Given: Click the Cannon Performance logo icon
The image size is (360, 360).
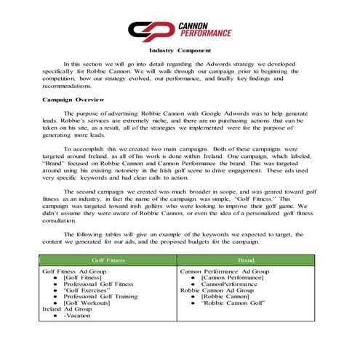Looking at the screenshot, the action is (x=151, y=29).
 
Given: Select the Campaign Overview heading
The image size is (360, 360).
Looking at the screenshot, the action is (x=73, y=98).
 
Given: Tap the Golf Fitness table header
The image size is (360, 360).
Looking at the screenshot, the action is (x=108, y=259).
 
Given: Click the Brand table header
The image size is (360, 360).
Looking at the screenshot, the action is (x=246, y=259).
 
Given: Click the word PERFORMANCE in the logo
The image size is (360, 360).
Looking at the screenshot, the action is (x=205, y=33).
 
